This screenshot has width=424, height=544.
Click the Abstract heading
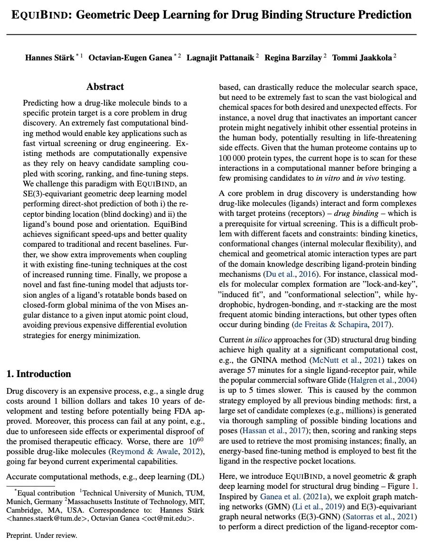point(105,87)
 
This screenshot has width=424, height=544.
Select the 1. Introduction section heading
point(39,374)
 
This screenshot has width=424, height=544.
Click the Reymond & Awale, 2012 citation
point(148,451)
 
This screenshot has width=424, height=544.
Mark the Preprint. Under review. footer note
point(42,535)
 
